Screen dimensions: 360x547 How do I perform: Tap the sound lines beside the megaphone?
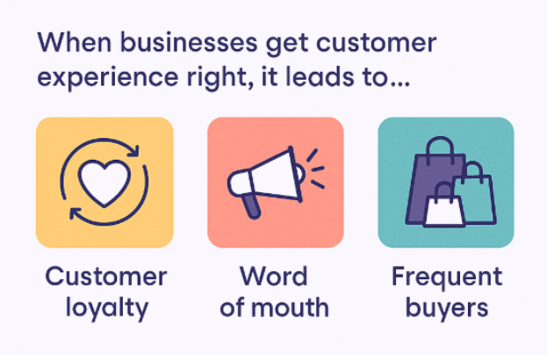[314, 169]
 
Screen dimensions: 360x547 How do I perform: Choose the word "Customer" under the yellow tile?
[104, 277]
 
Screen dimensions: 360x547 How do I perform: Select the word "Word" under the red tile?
[275, 277]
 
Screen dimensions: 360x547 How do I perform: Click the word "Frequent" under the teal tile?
[446, 277]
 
